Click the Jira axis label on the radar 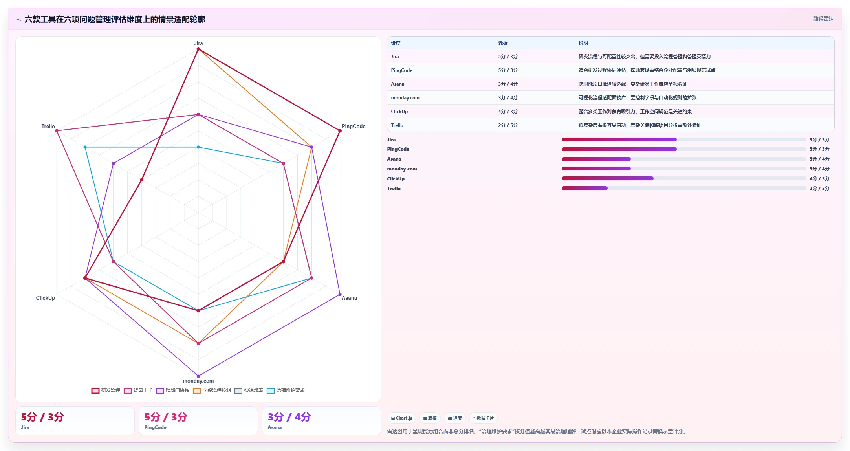click(x=198, y=43)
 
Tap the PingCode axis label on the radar click(x=354, y=126)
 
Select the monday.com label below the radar click(x=198, y=381)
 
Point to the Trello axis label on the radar click(x=48, y=126)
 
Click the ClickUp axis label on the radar click(x=46, y=298)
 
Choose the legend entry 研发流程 click(x=106, y=390)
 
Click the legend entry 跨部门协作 click(x=173, y=390)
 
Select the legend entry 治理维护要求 click(x=286, y=390)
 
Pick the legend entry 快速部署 click(x=249, y=390)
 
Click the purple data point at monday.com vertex click(x=198, y=376)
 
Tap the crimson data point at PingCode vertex click(x=340, y=131)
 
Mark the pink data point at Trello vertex click(x=57, y=131)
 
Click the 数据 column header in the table click(x=503, y=43)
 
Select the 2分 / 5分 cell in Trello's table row click(x=508, y=125)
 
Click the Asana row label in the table click(x=398, y=84)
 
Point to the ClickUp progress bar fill click(x=608, y=178)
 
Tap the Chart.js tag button click(x=401, y=418)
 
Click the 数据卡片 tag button click(x=483, y=418)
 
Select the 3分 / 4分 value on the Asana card click(x=289, y=417)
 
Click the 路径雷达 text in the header click(x=823, y=19)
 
